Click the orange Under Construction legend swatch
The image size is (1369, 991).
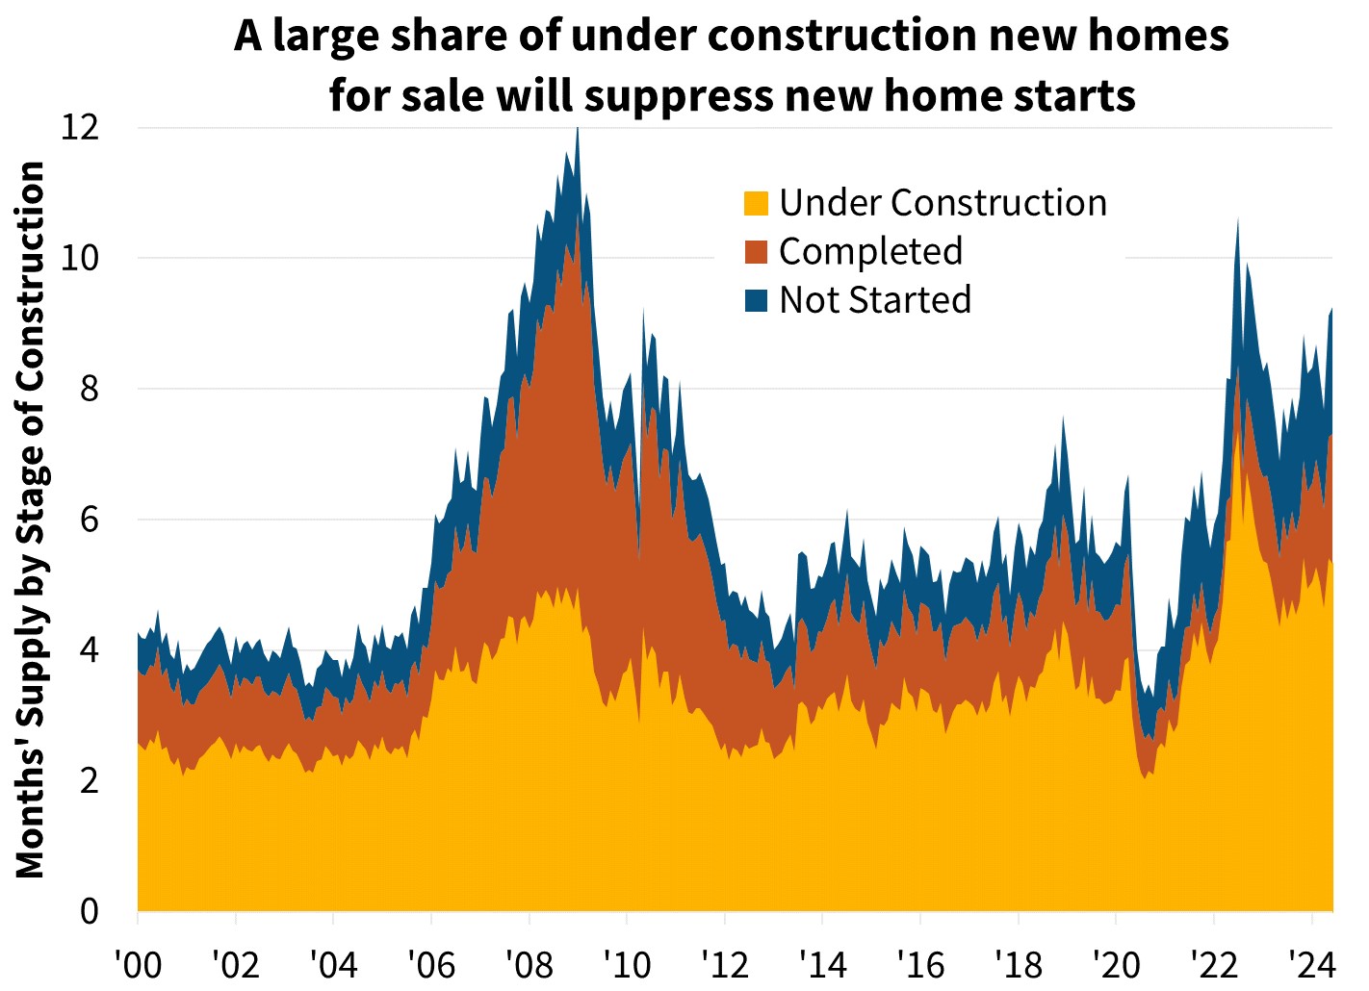point(756,204)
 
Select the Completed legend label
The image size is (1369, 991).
point(870,251)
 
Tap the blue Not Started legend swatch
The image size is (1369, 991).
point(756,300)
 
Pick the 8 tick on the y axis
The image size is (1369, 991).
point(88,389)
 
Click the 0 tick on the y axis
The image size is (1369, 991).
point(88,910)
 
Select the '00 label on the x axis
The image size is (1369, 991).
point(138,963)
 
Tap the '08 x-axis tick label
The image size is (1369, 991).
point(529,963)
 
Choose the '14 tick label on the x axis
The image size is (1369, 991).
point(822,963)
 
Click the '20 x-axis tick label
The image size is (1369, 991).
point(1115,963)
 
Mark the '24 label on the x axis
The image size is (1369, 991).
point(1311,963)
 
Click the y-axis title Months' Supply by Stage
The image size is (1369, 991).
point(31,520)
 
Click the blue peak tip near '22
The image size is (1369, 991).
point(1237,219)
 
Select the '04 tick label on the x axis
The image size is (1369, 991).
point(333,963)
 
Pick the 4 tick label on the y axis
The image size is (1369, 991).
point(88,649)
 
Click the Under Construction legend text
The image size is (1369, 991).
point(943,203)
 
